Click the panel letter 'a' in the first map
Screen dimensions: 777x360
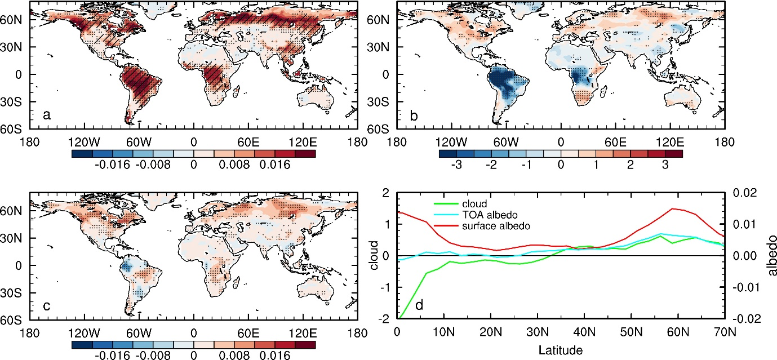point(46,115)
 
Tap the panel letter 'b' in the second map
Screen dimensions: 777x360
point(414,115)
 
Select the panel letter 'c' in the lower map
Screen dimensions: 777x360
point(46,306)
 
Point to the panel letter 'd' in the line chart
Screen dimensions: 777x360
point(419,305)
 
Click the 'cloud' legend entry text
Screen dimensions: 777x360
point(474,203)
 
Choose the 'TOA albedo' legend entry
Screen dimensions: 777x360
point(490,215)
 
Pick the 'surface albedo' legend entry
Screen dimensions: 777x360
point(496,226)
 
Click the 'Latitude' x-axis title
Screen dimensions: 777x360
point(561,350)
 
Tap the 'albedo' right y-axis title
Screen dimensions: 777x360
point(771,255)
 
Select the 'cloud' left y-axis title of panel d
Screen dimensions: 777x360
point(374,255)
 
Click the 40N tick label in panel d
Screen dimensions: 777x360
point(584,332)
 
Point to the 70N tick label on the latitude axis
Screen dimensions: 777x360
point(725,332)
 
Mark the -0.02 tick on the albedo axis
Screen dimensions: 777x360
point(747,318)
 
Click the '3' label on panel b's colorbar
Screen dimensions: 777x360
point(665,165)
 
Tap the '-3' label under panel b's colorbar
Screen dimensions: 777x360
point(456,165)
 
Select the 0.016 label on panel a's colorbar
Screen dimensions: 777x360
point(275,165)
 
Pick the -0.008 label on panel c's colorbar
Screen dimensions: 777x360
point(153,355)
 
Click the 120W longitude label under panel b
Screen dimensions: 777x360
point(451,142)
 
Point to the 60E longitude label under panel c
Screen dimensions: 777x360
point(248,334)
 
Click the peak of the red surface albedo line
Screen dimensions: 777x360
point(673,208)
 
